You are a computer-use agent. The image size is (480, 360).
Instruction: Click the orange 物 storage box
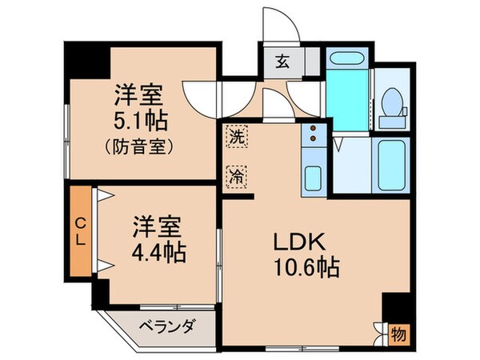pyautogui.click(x=398, y=334)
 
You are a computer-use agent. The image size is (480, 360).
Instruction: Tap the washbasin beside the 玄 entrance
pyautogui.click(x=346, y=60)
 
